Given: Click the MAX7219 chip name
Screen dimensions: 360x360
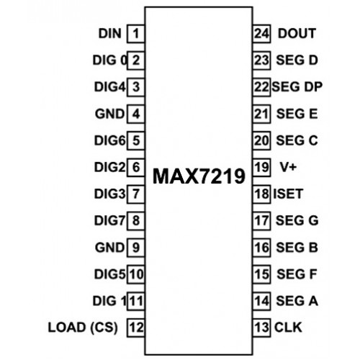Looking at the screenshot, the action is (199, 176).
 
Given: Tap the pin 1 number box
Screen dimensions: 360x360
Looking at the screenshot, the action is (136, 34).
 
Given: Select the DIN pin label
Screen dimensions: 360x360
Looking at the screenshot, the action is (110, 33).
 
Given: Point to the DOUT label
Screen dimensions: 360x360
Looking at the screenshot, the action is (297, 33).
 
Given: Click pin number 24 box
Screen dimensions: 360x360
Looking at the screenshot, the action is (261, 34).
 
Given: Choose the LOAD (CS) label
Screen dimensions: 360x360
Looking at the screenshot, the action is (83, 328).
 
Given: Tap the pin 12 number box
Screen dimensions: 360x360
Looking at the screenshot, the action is (136, 328).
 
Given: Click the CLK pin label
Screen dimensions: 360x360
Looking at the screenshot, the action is (288, 328).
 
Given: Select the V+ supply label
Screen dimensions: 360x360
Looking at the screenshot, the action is (288, 167).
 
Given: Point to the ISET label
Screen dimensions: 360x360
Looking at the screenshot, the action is (288, 194).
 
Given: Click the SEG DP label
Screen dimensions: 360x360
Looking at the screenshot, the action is (297, 86).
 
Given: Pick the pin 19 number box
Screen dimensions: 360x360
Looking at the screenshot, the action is (261, 167).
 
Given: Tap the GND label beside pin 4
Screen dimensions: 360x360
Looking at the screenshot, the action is (110, 114).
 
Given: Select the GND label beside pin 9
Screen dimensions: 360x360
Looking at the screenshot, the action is (110, 248).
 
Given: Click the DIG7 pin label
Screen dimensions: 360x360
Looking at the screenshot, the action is (110, 220).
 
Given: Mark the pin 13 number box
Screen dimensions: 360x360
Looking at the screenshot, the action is (261, 328).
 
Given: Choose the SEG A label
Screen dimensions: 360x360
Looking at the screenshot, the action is (297, 301).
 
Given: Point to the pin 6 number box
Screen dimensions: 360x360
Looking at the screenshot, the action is (136, 167).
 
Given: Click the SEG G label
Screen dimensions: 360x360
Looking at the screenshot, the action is (297, 220).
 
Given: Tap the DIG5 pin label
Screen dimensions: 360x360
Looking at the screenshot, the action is (110, 274).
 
